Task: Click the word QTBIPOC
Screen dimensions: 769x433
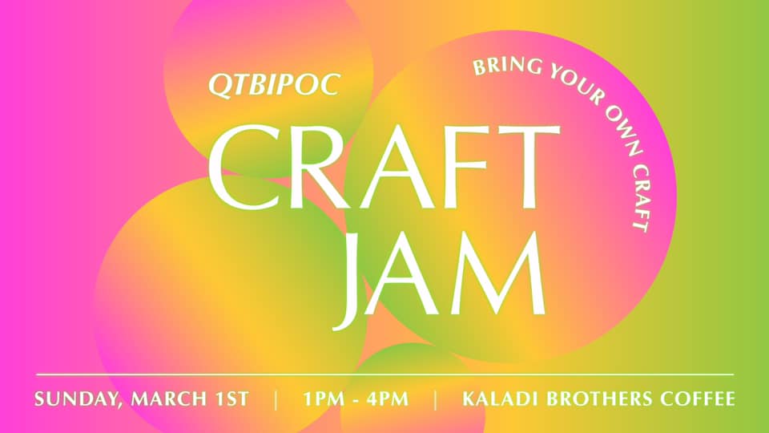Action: click(x=274, y=85)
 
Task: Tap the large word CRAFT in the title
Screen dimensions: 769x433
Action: click(x=384, y=167)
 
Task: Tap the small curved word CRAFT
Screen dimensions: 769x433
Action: click(x=640, y=196)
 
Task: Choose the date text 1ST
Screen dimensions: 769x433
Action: click(x=231, y=399)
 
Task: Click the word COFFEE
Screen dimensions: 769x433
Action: click(x=698, y=399)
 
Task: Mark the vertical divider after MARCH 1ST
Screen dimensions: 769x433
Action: click(x=276, y=399)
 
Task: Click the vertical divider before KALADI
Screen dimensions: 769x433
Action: click(x=436, y=399)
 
